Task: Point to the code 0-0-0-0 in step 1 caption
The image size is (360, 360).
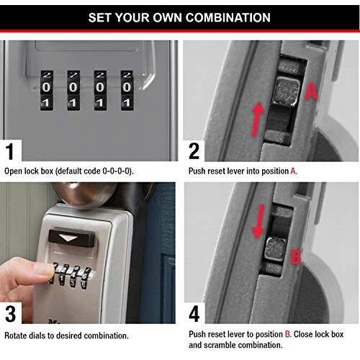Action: click(x=117, y=171)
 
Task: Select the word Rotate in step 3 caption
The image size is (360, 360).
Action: click(x=17, y=336)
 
